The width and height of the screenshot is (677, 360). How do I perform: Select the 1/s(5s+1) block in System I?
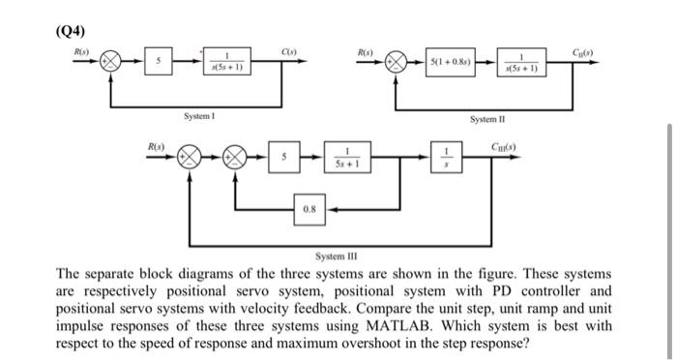pos(224,60)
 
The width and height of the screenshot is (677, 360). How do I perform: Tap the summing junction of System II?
pos(396,60)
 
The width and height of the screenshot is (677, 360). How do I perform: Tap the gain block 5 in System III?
pos(284,157)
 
